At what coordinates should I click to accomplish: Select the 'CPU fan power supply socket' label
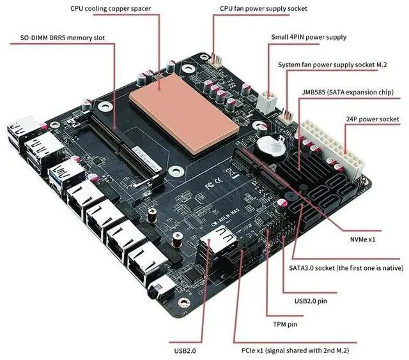point(263,9)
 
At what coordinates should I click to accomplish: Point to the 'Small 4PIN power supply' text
point(309,37)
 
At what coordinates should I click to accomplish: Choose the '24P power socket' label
point(373,119)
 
